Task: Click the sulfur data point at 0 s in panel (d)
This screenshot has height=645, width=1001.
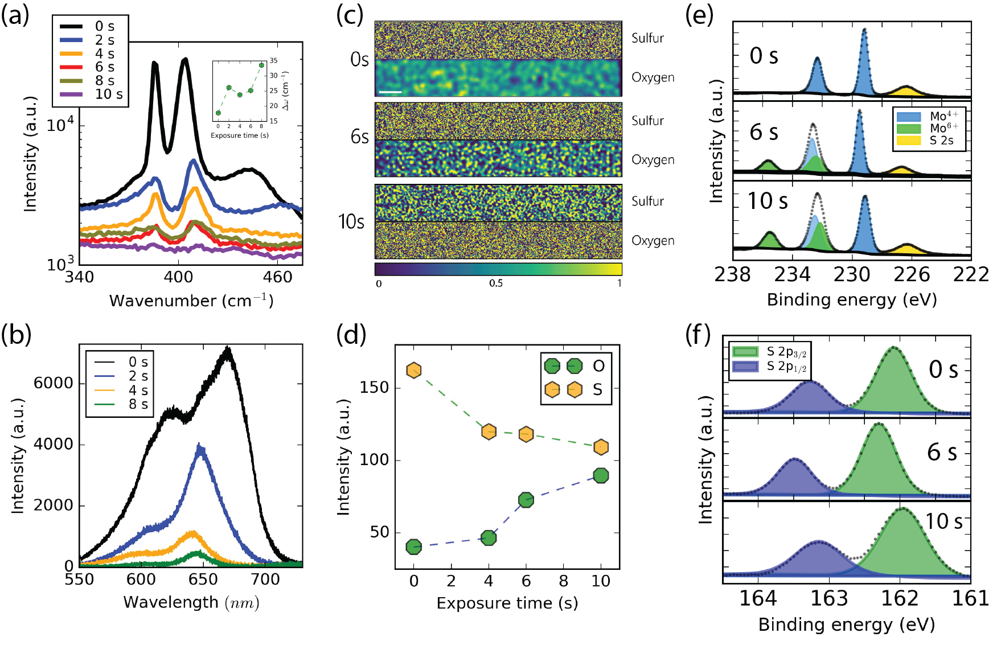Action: point(414,371)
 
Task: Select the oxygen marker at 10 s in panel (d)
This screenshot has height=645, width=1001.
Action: point(601,475)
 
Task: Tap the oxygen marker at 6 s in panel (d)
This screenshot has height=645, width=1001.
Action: point(526,500)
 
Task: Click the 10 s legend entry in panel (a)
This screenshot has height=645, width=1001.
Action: point(108,95)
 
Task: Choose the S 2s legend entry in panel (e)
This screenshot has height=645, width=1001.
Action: point(941,141)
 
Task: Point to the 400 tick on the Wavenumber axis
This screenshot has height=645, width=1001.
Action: point(178,277)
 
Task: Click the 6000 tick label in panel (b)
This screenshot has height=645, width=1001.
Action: point(53,383)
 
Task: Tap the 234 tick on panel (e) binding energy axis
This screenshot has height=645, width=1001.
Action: point(793,275)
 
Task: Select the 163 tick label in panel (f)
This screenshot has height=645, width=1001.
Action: point(829,599)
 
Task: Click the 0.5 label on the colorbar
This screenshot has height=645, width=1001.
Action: point(496,284)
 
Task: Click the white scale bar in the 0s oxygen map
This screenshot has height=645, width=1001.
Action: point(391,92)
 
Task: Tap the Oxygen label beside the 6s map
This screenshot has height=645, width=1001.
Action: point(653,160)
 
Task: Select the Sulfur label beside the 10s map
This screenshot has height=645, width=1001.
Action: point(647,201)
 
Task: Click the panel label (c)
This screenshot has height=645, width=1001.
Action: point(350,15)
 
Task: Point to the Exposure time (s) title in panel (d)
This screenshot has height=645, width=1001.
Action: point(507,603)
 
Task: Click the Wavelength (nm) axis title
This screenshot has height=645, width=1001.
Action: point(191,602)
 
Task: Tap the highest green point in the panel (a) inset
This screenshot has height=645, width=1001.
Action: point(261,65)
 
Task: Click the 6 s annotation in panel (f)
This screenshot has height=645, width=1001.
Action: point(942,452)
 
